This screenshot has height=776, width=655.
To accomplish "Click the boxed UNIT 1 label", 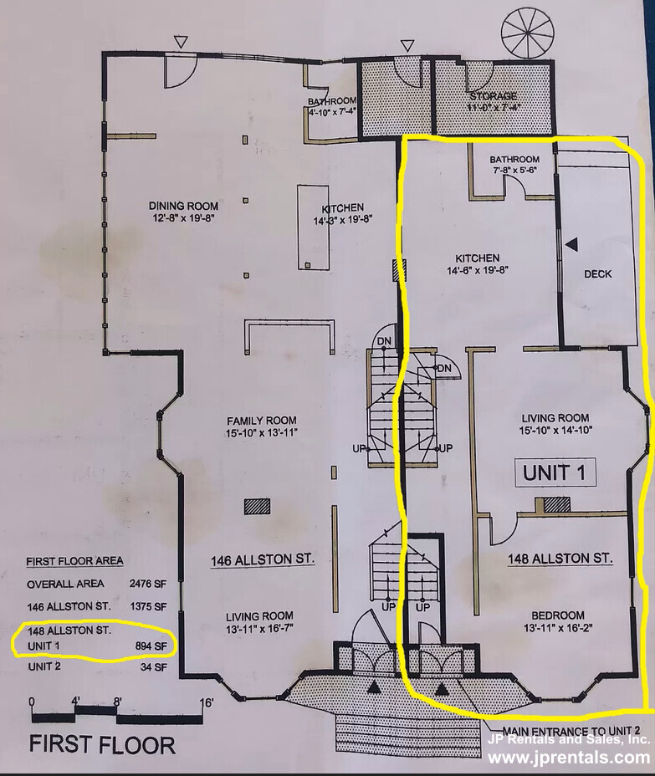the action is (x=555, y=473).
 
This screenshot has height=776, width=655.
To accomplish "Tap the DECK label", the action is (x=597, y=273).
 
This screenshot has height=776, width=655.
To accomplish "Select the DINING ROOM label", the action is (x=184, y=206).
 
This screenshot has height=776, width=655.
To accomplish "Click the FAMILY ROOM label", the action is (x=261, y=421).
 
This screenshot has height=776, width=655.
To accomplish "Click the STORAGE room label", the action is (x=494, y=96).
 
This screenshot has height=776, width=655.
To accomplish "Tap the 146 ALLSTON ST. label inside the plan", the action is (x=263, y=559).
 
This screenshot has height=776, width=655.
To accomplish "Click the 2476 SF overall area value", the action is (x=147, y=584).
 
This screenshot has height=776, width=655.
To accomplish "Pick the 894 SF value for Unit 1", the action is (x=151, y=646).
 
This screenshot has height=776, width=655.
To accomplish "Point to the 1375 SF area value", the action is (x=147, y=606).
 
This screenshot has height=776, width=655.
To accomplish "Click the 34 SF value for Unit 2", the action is (x=155, y=666).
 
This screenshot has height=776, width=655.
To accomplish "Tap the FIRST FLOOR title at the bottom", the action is (x=102, y=745).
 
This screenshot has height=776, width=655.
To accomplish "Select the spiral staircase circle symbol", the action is (x=521, y=28).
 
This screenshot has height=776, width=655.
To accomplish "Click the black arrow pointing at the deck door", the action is (x=572, y=243).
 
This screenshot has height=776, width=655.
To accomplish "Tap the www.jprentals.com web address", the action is (x=568, y=757).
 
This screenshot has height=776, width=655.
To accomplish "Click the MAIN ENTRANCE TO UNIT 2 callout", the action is (x=571, y=731).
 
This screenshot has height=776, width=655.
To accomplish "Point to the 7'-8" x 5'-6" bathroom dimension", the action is (x=514, y=170).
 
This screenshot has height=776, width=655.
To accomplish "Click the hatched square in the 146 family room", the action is (x=257, y=506).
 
